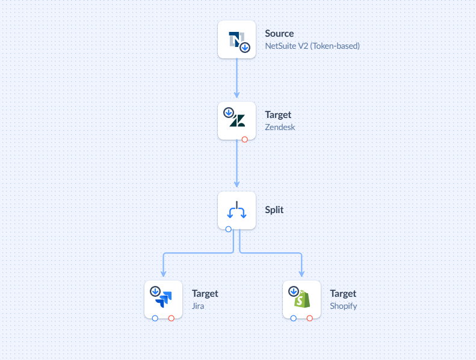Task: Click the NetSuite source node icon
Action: click(x=236, y=40)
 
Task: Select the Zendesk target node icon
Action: click(x=236, y=120)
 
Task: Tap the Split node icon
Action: click(x=236, y=211)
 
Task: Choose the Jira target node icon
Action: click(x=163, y=299)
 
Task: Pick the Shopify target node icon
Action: click(x=301, y=299)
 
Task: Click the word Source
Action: click(x=279, y=34)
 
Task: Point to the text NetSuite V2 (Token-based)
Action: click(x=312, y=46)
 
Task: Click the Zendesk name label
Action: click(x=280, y=127)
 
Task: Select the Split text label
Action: click(x=274, y=210)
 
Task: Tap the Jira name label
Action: click(x=198, y=306)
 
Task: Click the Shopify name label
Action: click(x=343, y=306)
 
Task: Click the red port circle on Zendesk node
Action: click(x=244, y=140)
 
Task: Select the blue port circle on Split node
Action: click(x=228, y=229)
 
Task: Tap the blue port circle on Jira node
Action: click(x=155, y=318)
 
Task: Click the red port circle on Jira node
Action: click(x=171, y=318)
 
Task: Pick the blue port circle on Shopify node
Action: click(x=293, y=318)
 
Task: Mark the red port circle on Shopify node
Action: click(x=309, y=318)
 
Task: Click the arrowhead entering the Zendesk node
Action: click(x=236, y=95)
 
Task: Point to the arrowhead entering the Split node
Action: click(x=236, y=184)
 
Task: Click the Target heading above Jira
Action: click(x=205, y=294)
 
